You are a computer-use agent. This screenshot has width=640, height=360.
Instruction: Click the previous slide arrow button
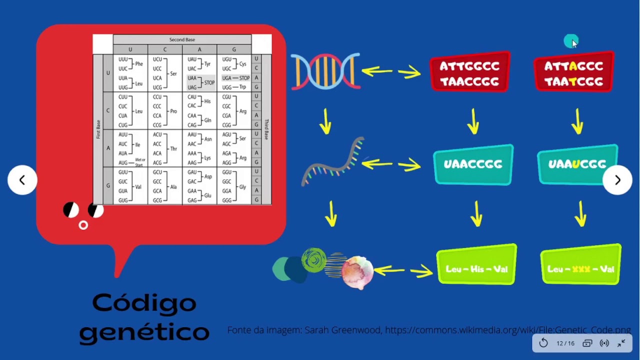[22, 180]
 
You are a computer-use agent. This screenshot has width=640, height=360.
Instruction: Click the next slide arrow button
[617, 180]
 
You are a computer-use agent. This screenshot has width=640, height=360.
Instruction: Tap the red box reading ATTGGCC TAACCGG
[469, 73]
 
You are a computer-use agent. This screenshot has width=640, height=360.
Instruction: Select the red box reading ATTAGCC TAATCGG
[574, 73]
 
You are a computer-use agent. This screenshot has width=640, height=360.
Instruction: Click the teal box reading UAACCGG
[473, 164]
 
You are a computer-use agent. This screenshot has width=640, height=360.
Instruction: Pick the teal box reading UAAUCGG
[577, 164]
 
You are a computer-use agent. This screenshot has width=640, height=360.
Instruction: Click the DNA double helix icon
[325, 71]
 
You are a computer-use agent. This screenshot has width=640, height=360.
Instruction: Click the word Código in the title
[144, 303]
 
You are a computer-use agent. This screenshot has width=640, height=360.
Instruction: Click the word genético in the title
[144, 332]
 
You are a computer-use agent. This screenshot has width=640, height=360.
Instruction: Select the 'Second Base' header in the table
[182, 39]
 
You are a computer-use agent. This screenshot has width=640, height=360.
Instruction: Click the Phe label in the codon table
[139, 64]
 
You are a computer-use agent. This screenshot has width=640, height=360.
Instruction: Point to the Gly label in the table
[242, 187]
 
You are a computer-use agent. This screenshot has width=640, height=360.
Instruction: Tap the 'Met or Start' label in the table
[139, 162]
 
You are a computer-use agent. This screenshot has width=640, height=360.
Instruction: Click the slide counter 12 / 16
[565, 343]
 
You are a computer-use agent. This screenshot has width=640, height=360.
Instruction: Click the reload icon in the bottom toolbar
[543, 343]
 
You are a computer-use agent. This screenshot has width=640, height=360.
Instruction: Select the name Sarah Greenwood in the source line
[343, 330]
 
